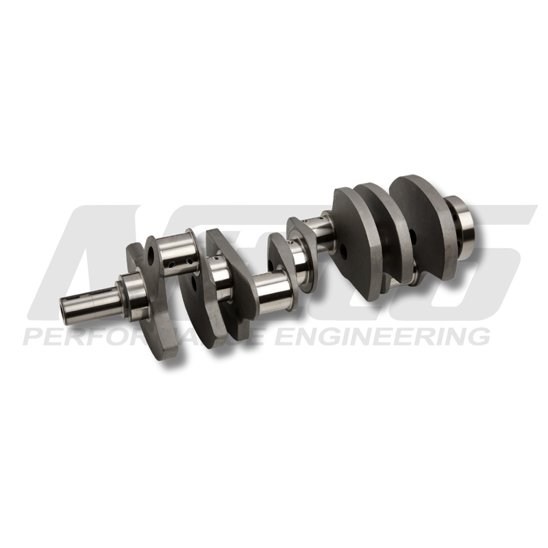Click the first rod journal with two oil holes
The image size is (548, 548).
coord(175,253)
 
